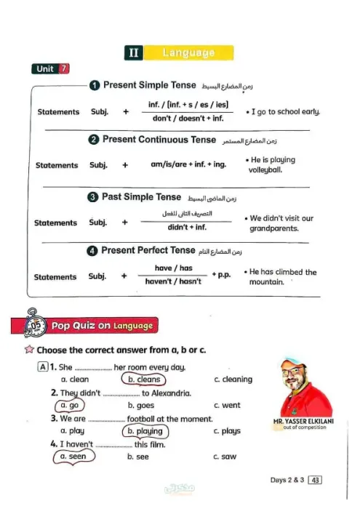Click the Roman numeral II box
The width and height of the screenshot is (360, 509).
pos(133,52)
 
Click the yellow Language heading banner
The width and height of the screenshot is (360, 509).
pos(188,52)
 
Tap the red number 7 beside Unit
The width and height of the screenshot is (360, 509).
pos(65,69)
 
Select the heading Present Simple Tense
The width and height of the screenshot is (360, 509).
pos(149,85)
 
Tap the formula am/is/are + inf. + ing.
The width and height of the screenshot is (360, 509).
pos(188,164)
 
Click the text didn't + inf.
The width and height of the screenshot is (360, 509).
pos(187,227)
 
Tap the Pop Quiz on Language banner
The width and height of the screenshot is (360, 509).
pos(101,326)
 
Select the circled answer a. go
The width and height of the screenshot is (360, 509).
pos(69,405)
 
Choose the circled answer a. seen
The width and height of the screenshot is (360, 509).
pos(73,457)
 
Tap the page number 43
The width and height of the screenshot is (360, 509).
pos(315,480)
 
